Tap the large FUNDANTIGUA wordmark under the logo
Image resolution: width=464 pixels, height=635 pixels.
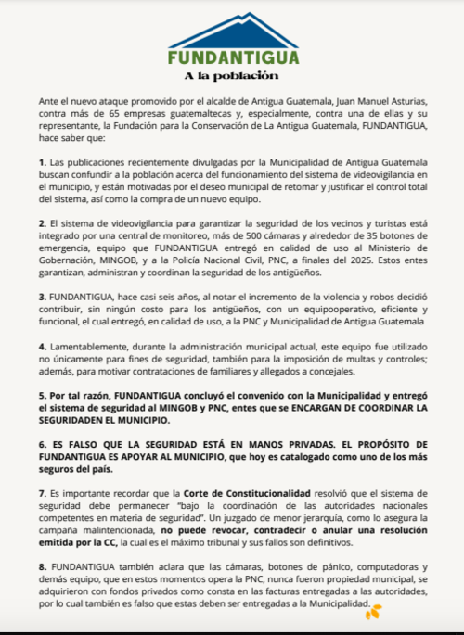tap(233, 57)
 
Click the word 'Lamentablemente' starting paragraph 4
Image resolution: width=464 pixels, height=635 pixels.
tap(85, 345)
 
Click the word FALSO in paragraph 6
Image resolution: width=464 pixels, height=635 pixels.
tap(77, 443)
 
